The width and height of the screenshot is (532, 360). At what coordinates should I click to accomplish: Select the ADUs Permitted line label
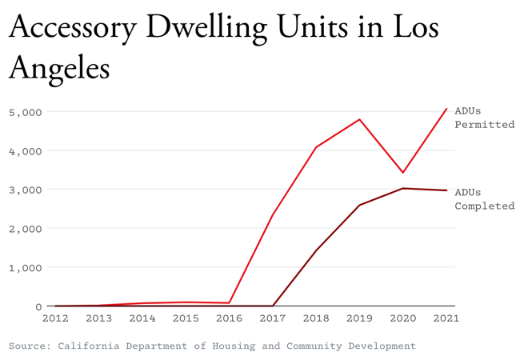pos(484,118)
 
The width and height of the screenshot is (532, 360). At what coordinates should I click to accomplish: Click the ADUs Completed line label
pos(484,198)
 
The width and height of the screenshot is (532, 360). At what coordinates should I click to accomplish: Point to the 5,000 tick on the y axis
pos(25,112)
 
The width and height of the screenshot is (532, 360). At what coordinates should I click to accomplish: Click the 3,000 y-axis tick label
pos(25,190)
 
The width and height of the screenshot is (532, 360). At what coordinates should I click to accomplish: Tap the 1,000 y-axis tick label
pos(25,267)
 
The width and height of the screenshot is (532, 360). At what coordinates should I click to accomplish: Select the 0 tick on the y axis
pos(38,306)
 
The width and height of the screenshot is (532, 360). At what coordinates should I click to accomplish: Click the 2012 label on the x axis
pos(55,318)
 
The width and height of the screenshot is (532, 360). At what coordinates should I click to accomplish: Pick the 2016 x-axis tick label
pos(229,318)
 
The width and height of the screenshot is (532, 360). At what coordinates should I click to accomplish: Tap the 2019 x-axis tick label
pos(359,318)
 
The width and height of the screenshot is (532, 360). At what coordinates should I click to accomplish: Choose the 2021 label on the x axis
pos(446,318)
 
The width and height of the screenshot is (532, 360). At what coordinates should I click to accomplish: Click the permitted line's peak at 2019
pos(359,119)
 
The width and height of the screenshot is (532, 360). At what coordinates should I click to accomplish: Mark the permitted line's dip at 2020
pos(403,173)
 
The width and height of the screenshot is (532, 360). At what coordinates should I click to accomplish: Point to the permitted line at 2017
pos(273,214)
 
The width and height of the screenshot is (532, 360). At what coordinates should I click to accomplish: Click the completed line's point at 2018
pos(316,250)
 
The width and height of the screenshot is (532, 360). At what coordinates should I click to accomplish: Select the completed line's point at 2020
pos(403,188)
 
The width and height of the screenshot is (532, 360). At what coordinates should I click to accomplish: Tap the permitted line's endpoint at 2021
pos(446,109)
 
